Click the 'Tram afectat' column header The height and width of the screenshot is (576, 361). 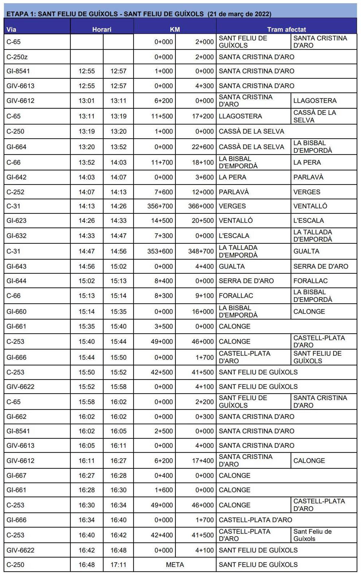click(x=286, y=29)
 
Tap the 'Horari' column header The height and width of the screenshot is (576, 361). click(x=102, y=29)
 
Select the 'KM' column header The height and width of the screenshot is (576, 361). click(x=175, y=29)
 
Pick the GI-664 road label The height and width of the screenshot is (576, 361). click(x=17, y=147)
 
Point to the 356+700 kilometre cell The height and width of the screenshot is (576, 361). click(x=160, y=206)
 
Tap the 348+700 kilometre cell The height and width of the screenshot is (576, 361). click(x=201, y=251)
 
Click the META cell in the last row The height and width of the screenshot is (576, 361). click(x=175, y=565)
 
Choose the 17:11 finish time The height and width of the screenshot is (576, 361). click(x=118, y=565)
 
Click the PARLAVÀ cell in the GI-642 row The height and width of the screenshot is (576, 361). click(x=308, y=177)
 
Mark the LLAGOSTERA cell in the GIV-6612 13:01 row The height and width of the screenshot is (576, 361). click(x=315, y=101)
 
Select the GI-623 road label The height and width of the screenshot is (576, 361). click(x=17, y=221)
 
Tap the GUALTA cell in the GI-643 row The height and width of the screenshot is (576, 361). click(x=232, y=266)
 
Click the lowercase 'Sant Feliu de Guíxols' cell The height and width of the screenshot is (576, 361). click(x=312, y=535)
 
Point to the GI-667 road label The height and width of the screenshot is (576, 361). click(x=17, y=475)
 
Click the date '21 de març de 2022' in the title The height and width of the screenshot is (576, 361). click(x=239, y=14)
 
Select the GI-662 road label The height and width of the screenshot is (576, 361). click(x=17, y=417)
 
